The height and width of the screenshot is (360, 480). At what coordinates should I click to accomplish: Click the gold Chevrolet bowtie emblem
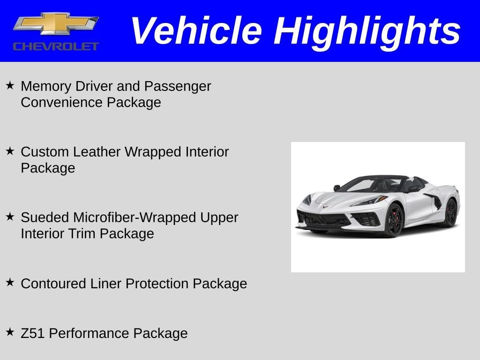[56, 24]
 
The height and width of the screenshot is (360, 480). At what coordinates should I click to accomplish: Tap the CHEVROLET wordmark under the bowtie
[56, 46]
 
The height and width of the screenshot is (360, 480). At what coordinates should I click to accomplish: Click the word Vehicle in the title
[196, 30]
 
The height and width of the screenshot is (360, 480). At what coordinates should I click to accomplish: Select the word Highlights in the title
[367, 33]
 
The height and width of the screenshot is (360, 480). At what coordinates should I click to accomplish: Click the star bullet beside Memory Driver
[10, 85]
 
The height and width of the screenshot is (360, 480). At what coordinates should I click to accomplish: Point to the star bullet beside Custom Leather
[10, 150]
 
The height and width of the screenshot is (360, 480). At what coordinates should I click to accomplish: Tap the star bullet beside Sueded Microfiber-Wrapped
[10, 217]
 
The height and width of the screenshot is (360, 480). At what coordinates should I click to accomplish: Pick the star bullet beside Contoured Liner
[10, 282]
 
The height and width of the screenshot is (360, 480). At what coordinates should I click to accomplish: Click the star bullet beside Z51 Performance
[10, 332]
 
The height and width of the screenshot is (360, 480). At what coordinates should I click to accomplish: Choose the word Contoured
[53, 284]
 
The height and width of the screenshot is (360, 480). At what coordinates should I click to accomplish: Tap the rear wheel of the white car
[451, 213]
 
